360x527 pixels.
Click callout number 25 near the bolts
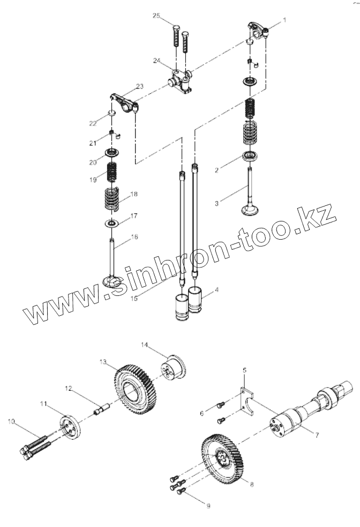click(156, 16)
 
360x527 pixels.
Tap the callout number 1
click(284, 20)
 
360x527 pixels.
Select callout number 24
click(156, 61)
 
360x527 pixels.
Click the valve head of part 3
click(250, 209)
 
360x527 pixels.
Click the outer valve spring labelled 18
click(111, 199)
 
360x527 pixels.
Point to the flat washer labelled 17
click(111, 222)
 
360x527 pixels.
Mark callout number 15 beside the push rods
click(134, 298)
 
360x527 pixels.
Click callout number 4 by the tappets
click(216, 290)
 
